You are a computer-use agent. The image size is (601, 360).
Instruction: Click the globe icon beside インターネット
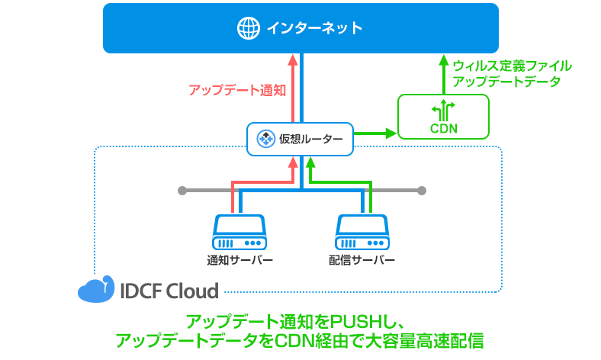coord(248,29)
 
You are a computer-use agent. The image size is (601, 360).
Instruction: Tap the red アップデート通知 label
coord(236,90)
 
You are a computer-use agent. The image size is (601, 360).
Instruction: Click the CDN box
coord(444,117)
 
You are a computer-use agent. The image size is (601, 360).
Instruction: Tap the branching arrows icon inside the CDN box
coord(444,108)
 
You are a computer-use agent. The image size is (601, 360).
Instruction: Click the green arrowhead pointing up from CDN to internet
coord(444,59)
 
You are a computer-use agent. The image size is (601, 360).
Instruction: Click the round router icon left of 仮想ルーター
coord(266,139)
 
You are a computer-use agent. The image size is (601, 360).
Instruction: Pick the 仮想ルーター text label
coord(310,139)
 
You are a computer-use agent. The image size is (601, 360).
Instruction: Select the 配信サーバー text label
coord(362,260)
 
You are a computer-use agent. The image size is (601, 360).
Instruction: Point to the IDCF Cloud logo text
coord(169,291)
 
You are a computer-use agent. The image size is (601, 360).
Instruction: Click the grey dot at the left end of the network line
coord(182,190)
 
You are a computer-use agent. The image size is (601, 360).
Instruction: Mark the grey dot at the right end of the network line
coord(422,190)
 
